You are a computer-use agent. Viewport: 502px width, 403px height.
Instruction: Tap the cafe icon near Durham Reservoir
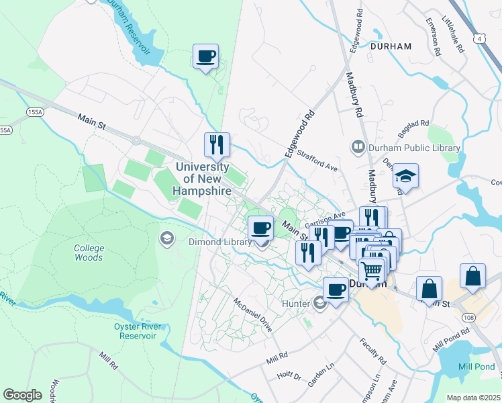pyautogui.click(x=206, y=56)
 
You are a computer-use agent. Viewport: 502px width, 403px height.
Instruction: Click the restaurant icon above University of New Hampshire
pyautogui.click(x=217, y=144)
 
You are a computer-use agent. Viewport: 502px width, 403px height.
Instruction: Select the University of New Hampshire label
pyautogui.click(x=203, y=179)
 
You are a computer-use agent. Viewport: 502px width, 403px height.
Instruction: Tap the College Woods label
pyautogui.click(x=89, y=253)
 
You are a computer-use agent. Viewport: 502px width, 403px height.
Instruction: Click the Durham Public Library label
pyautogui.click(x=407, y=148)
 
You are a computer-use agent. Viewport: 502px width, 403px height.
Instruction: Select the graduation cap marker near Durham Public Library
pyautogui.click(x=405, y=175)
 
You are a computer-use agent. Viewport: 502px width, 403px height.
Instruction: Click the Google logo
pyautogui.click(x=22, y=395)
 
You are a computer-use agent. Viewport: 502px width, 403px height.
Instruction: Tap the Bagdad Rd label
pyautogui.click(x=413, y=124)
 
